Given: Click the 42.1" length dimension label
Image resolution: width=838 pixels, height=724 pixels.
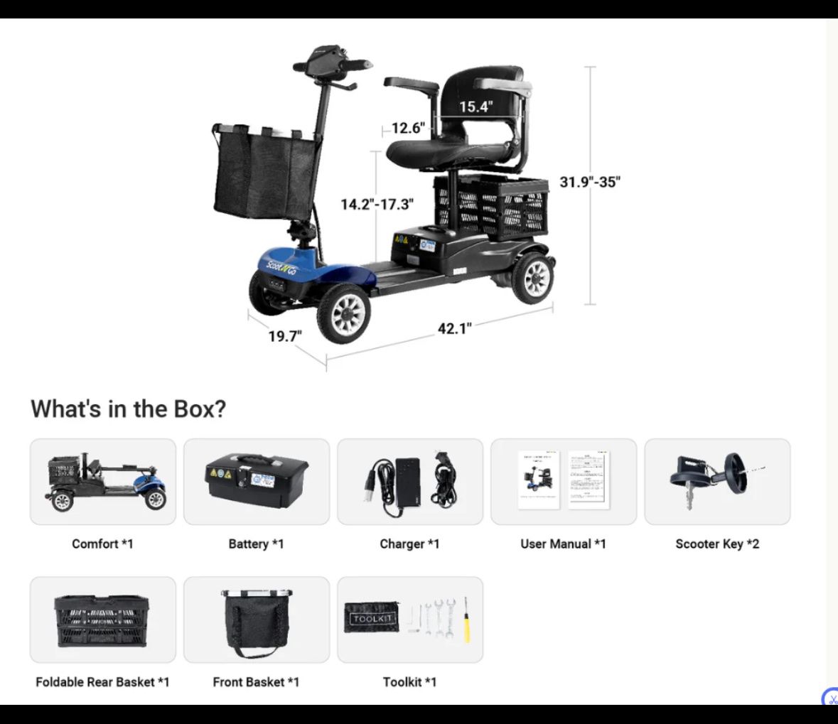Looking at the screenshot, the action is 455,328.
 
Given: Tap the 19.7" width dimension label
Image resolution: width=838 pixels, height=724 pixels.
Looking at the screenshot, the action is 285,336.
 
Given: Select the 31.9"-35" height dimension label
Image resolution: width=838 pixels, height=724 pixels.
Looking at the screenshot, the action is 590,182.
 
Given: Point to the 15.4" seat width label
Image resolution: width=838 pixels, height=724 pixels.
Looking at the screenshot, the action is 476,107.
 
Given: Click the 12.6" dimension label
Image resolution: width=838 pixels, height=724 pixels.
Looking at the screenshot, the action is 408,128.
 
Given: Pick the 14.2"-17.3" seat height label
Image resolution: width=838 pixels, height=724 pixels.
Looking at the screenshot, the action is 377,204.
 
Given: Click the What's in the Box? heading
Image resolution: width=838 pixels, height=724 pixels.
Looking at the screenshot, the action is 128,409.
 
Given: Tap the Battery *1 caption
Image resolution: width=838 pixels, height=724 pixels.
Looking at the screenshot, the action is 256,544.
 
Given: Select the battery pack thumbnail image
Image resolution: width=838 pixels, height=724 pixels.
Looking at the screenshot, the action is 257,482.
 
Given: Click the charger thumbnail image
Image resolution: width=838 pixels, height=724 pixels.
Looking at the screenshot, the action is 410,482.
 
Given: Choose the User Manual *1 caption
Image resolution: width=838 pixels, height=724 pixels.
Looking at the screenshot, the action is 564,544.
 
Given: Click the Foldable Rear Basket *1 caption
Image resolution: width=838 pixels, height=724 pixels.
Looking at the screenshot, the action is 102,682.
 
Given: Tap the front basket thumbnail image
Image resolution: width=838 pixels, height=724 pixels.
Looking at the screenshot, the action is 257,622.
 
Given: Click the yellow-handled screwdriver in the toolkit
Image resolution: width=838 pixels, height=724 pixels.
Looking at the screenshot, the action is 466,620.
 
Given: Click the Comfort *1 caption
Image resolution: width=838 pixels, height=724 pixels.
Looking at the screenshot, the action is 102,544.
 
